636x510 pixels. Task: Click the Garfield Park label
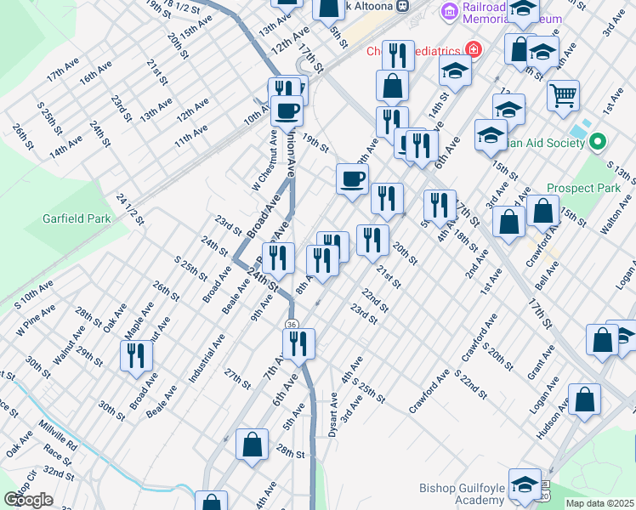pos(77,218)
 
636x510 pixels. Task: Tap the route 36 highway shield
pos(292,324)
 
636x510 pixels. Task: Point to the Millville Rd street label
pos(57,434)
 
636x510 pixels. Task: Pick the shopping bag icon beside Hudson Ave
pos(585,399)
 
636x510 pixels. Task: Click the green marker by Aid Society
pos(598,142)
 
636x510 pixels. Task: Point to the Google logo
pos(28,500)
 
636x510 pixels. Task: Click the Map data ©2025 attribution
pos(599,503)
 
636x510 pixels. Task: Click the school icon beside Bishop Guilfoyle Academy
pos(525,484)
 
